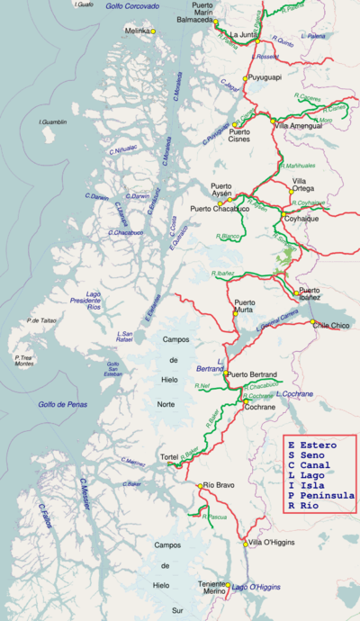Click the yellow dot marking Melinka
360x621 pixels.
(x=154, y=31)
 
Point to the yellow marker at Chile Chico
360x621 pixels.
(x=313, y=322)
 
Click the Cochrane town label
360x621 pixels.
(x=259, y=407)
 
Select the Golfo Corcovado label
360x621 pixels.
(x=132, y=5)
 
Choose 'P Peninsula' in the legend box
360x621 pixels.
(x=319, y=495)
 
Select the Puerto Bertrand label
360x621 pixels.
(x=252, y=374)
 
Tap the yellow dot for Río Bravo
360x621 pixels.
(x=200, y=486)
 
